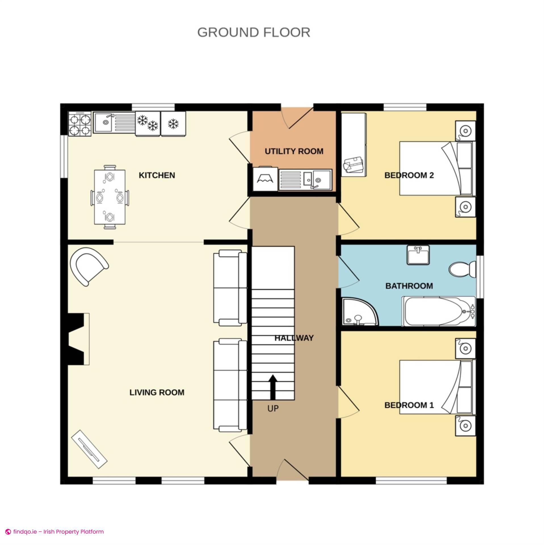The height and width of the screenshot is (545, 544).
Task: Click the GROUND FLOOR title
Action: tap(254, 32)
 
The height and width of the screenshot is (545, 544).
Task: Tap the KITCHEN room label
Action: tap(157, 175)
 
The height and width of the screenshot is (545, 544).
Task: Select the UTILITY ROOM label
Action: tap(294, 151)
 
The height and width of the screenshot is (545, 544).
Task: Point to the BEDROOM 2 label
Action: tap(409, 175)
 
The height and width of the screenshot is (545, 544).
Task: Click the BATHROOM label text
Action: tap(409, 286)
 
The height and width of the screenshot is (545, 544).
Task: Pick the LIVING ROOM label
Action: tap(157, 393)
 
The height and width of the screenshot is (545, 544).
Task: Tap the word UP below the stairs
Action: tap(273, 408)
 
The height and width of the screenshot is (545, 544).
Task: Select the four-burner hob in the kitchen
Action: tap(80, 123)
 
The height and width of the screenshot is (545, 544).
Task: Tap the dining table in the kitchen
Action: tap(110, 197)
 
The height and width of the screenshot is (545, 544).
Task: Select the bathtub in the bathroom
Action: tap(439, 311)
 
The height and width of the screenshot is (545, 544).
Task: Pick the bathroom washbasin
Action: tap(418, 255)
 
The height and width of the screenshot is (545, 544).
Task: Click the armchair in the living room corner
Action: tap(89, 266)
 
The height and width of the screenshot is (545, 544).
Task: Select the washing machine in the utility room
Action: tap(265, 179)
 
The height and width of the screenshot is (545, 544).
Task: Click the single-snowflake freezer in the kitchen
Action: tap(173, 123)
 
